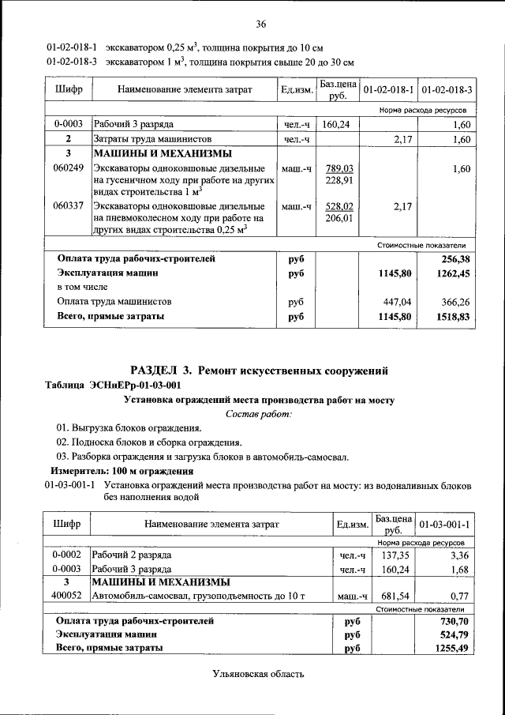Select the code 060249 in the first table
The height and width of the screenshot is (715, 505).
pyautogui.click(x=68, y=169)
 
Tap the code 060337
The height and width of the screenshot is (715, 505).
pyautogui.click(x=68, y=206)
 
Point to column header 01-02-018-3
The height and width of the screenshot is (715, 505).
pyautogui.click(x=446, y=90)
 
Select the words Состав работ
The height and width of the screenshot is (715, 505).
pyautogui.click(x=259, y=414)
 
